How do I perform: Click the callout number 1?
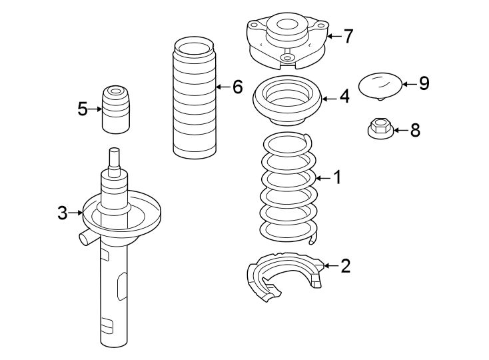pos(337,177)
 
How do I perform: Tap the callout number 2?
pos(345,266)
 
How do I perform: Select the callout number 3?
pos(62,213)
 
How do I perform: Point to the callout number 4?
pos(344,97)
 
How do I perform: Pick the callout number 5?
pos(82,109)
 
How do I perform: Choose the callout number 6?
pos(237,87)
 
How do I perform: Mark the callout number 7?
pos(348,36)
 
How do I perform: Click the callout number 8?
pos(415,130)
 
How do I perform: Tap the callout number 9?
pos(424,83)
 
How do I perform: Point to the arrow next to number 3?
pos(75,213)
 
